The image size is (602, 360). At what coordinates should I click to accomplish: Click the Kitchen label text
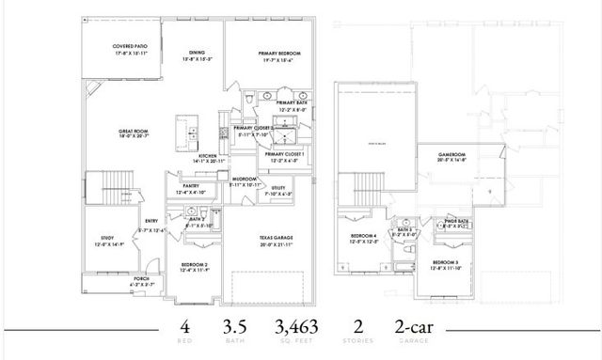(x=208, y=158)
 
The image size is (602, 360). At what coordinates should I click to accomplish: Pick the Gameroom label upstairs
(x=452, y=156)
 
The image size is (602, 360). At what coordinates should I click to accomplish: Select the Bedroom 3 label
(x=446, y=264)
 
